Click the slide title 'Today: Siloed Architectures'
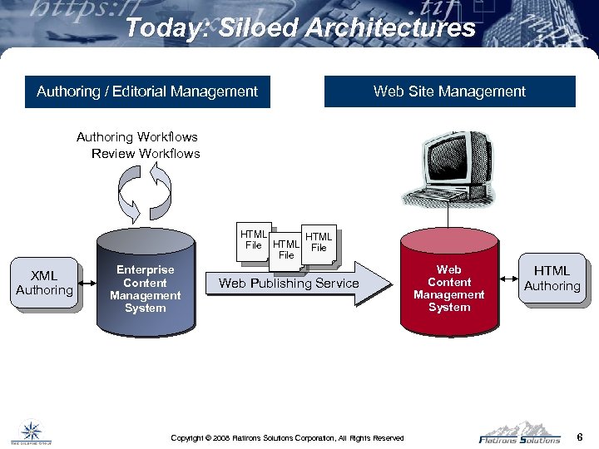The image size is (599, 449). (300, 27)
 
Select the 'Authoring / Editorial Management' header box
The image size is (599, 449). (147, 91)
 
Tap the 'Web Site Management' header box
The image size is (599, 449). (449, 91)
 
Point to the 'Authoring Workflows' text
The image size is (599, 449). (137, 136)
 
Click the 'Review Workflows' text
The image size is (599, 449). (146, 153)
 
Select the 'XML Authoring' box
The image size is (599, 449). (44, 283)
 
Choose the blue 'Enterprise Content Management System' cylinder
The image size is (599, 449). (145, 287)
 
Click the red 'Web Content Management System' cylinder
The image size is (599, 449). (449, 287)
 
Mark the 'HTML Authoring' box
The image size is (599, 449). (552, 278)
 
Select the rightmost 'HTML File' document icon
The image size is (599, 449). (319, 243)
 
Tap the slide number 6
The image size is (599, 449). (579, 436)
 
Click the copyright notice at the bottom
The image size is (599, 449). (287, 437)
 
